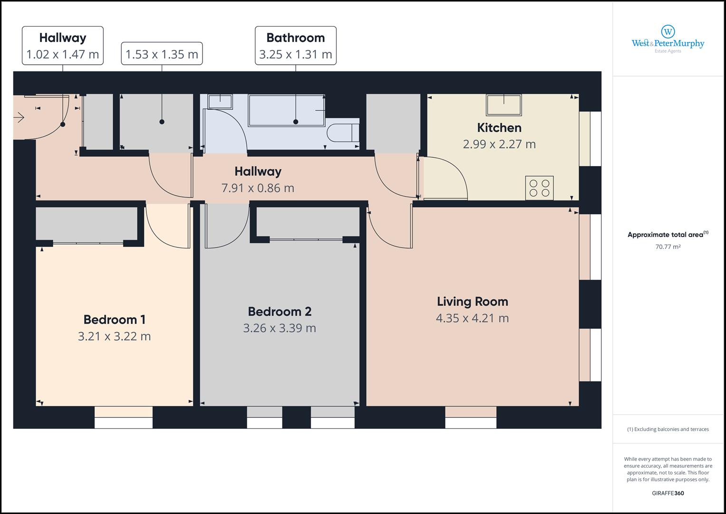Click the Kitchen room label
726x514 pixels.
[499, 128]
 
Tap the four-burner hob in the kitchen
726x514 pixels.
[539, 188]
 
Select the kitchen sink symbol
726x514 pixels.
[503, 105]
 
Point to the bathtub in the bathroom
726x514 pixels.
[287, 110]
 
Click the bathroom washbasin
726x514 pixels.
[221, 101]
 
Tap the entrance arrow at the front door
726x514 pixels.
[19, 117]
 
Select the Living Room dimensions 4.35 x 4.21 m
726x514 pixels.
[472, 318]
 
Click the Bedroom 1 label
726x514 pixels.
[115, 320]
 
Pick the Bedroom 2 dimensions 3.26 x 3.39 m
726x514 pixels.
[280, 328]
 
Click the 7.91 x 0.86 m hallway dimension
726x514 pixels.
[258, 188]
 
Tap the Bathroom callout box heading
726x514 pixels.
[296, 38]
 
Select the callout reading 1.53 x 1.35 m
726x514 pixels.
[162, 54]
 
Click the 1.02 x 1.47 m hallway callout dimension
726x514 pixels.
[63, 54]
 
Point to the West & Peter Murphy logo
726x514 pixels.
[668, 40]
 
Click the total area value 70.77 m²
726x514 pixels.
[668, 247]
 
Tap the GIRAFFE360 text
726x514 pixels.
[668, 493]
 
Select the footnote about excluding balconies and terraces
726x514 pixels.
[668, 429]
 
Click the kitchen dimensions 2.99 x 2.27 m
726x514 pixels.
[499, 144]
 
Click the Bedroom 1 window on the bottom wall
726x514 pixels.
[124, 417]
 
